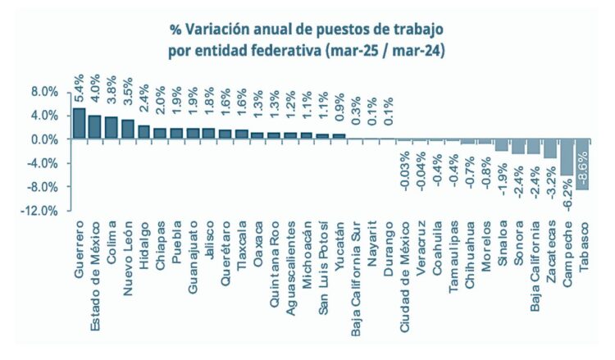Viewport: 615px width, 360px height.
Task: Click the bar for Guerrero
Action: click(79, 123)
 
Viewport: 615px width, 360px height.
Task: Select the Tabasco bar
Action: click(582, 164)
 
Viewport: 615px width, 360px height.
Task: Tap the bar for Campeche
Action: click(566, 157)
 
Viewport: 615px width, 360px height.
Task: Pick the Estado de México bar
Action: click(95, 127)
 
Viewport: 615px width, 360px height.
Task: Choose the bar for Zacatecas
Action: click(549, 148)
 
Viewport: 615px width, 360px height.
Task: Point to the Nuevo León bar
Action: click(127, 129)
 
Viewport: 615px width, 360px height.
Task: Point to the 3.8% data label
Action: click(112, 85)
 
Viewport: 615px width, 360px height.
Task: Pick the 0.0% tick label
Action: click(39, 139)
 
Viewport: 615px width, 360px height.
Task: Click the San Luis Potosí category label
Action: click(323, 261)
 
